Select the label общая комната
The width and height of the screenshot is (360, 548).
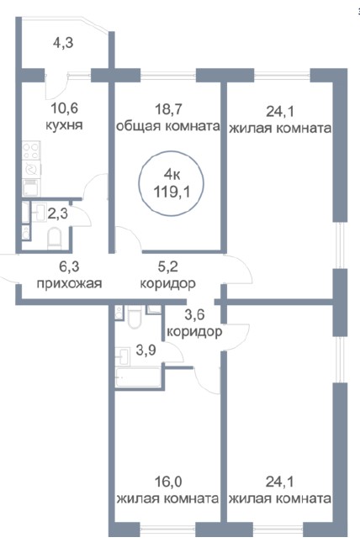pos(167,126)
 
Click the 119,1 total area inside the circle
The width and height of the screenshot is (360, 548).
pos(172,190)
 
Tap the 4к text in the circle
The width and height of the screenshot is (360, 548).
pos(172,174)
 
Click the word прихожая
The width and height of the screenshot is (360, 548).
pos(69,283)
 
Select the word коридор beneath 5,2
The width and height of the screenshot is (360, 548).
pos(168,283)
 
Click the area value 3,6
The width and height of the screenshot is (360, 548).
pos(195,316)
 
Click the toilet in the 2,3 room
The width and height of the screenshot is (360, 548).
pos(55,239)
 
